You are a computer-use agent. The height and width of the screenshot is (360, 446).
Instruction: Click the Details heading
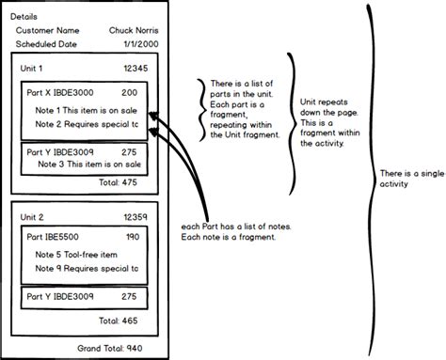[x=24, y=17]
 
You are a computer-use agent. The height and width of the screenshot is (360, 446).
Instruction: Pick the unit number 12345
[x=136, y=70]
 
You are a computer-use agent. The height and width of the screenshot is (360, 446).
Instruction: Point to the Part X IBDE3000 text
[x=63, y=93]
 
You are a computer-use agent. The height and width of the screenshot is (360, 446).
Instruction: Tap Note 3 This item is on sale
[x=88, y=164]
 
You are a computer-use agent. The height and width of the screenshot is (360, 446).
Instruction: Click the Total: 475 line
[x=122, y=182]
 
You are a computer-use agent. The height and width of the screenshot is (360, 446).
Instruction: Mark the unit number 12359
[x=136, y=217]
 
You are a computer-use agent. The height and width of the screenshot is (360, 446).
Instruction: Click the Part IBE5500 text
[x=57, y=237]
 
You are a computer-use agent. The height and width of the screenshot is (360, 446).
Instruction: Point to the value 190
[x=132, y=237]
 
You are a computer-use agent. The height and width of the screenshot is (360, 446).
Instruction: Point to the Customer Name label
[x=47, y=31]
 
